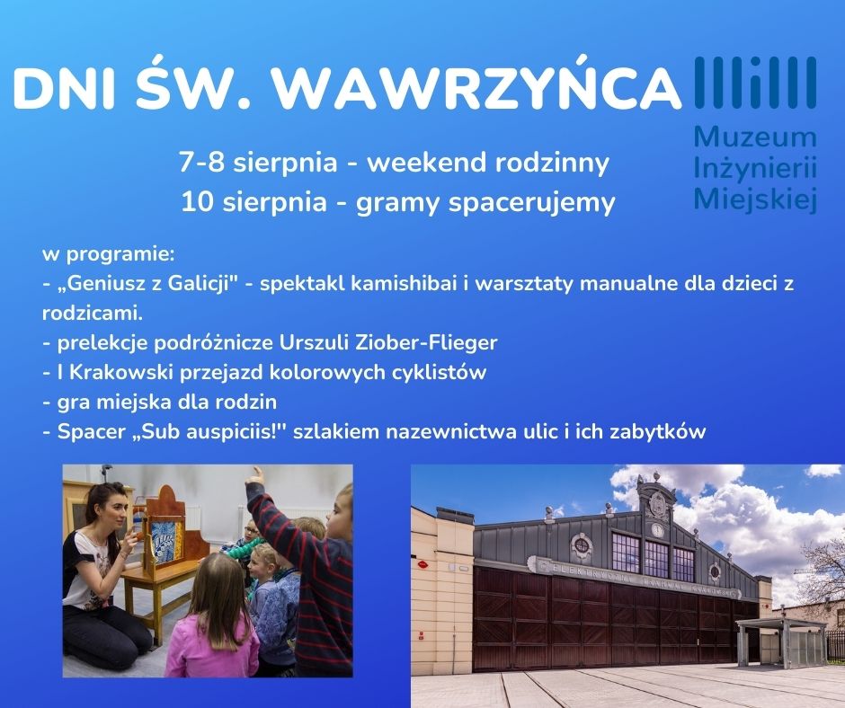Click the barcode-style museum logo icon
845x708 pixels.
click(x=755, y=83)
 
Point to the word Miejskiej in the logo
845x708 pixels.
click(x=755, y=199)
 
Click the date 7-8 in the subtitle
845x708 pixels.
click(x=202, y=162)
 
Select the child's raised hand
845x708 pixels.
click(x=255, y=476)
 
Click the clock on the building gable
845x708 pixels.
click(x=657, y=531)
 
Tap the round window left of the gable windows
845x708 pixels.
click(x=582, y=545)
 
